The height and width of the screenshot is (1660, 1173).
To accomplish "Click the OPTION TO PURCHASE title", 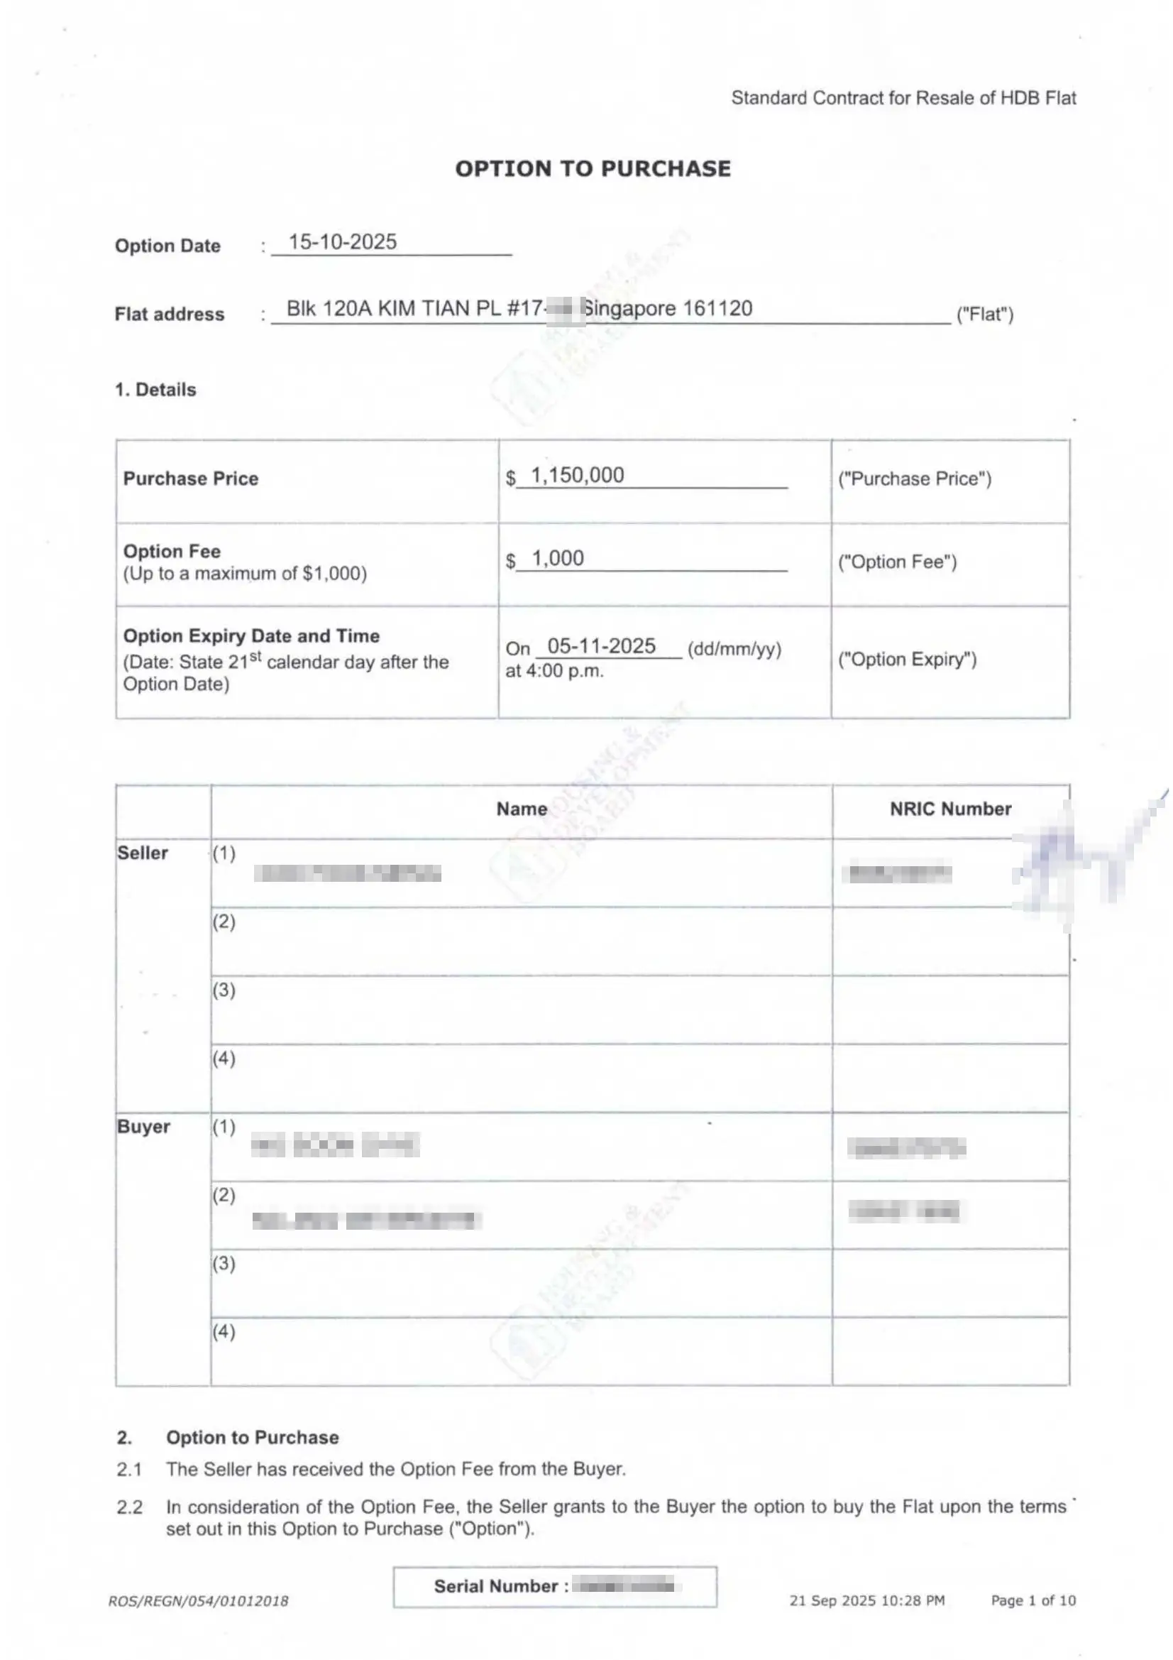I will pyautogui.click(x=593, y=168).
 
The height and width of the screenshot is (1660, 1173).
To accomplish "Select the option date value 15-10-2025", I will pyautogui.click(x=343, y=241).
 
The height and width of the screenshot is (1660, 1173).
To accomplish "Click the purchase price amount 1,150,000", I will pyautogui.click(x=577, y=475).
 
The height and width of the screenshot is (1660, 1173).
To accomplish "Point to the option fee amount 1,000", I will pyautogui.click(x=557, y=558).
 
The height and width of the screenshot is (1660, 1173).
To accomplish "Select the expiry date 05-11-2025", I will pyautogui.click(x=601, y=645).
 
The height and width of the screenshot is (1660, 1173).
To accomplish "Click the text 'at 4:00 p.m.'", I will pyautogui.click(x=554, y=671).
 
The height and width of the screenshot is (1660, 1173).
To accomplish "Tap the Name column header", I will pyautogui.click(x=521, y=809).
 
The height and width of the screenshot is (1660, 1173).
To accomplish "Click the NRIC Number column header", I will pyautogui.click(x=949, y=809).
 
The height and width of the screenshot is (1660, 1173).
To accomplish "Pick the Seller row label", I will pyautogui.click(x=143, y=853).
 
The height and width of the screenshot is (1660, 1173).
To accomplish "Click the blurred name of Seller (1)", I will pyautogui.click(x=347, y=873).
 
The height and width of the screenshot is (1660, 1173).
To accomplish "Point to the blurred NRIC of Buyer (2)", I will pyautogui.click(x=904, y=1211).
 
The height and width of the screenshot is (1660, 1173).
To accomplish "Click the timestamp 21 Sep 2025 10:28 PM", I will pyautogui.click(x=866, y=1600).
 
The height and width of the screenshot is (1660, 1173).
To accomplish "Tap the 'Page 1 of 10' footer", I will pyautogui.click(x=1032, y=1600).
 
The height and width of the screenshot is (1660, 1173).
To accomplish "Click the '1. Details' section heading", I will pyautogui.click(x=155, y=390).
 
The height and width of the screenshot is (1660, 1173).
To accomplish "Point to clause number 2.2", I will pyautogui.click(x=129, y=1507).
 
